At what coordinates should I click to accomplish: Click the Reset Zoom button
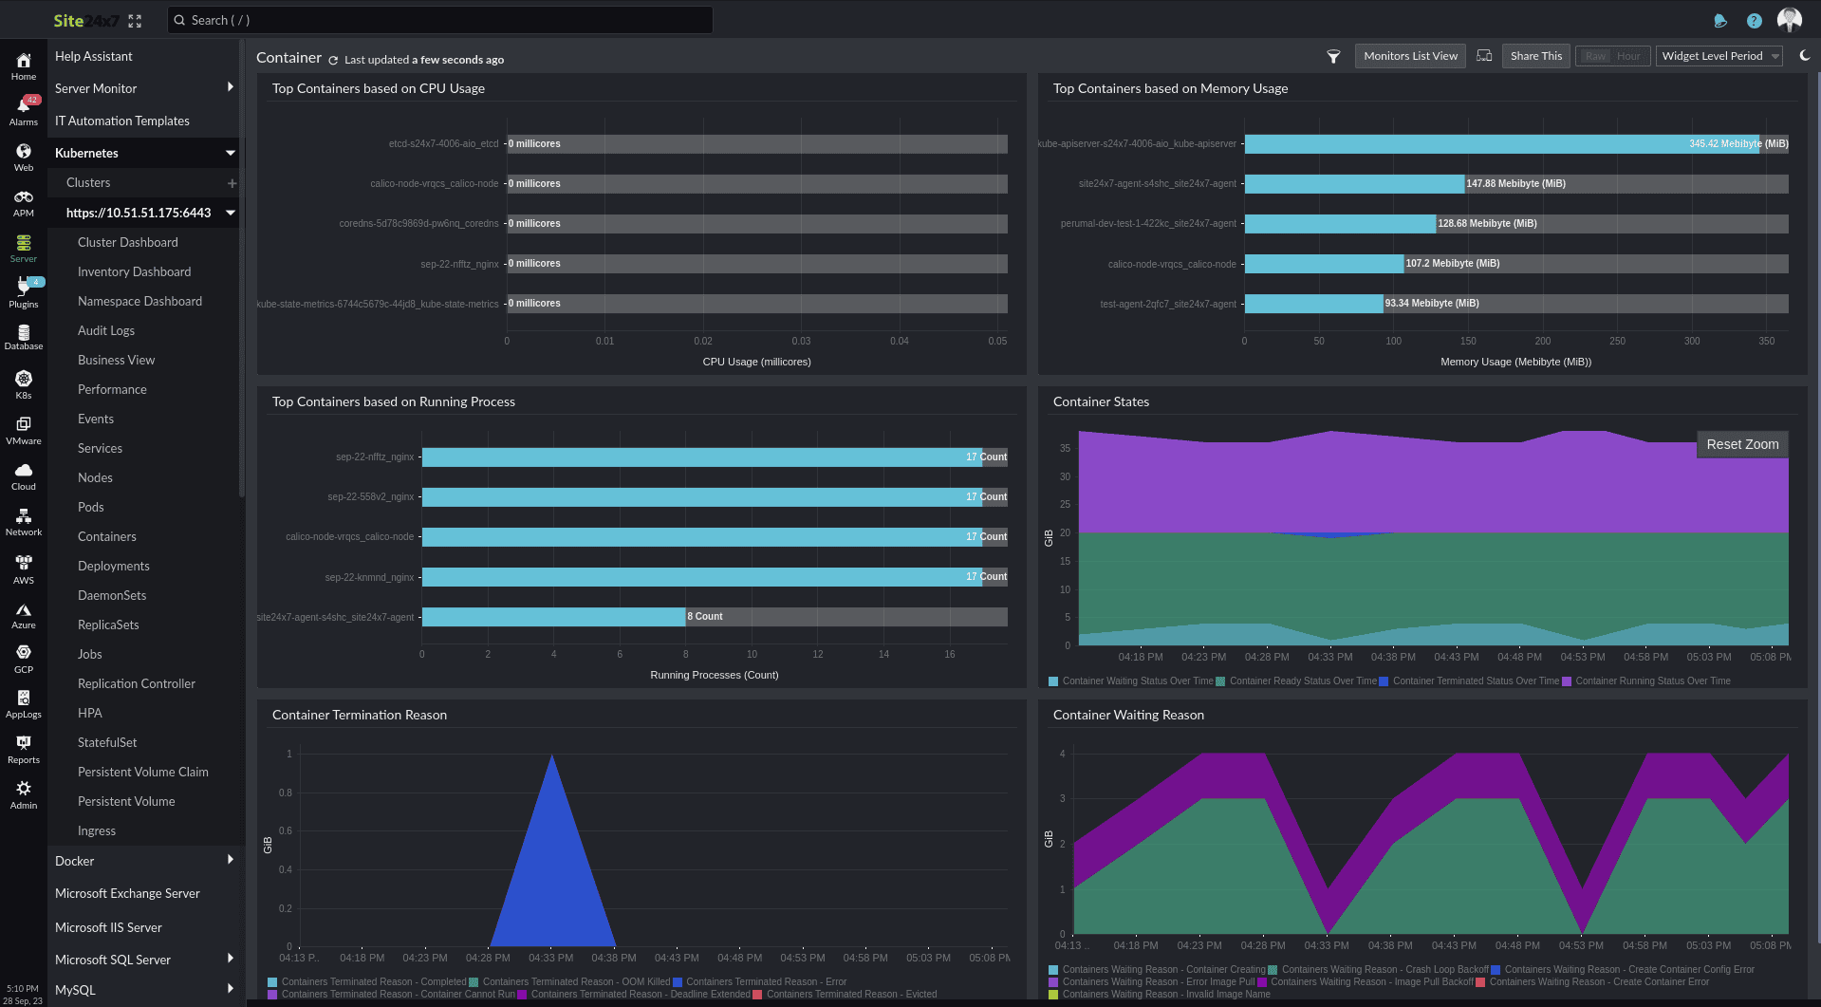tap(1742, 444)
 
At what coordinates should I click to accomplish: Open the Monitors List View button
tap(1410, 56)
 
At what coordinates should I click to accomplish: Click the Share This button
tap(1535, 56)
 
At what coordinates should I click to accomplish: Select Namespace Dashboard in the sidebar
tap(139, 301)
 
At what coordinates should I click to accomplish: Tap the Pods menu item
tap(91, 507)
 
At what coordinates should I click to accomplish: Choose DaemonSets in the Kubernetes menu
tap(112, 595)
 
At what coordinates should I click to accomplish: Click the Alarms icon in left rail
tap(24, 110)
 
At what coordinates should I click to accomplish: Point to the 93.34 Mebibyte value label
tap(1431, 304)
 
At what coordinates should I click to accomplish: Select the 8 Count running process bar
tap(553, 617)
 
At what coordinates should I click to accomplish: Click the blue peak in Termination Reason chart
tap(552, 854)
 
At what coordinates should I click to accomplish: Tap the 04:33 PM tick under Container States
tap(1330, 657)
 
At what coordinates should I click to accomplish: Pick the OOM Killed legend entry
tap(575, 982)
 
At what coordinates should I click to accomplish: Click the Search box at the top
tap(439, 20)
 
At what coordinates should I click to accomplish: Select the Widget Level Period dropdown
tap(1719, 56)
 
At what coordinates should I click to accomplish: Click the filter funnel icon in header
tap(1333, 57)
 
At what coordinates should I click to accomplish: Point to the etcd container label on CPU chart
tap(443, 144)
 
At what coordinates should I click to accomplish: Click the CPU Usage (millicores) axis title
tap(756, 362)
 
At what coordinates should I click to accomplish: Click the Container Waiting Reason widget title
tap(1128, 715)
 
